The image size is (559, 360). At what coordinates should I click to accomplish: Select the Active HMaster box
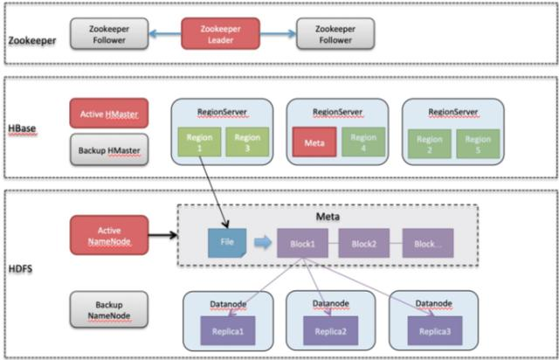107,114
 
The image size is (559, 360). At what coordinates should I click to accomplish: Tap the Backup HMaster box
107,149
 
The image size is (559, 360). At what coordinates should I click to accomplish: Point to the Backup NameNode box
107,308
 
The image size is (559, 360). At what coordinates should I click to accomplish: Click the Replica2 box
330,331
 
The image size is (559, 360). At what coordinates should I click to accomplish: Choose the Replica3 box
433,331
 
